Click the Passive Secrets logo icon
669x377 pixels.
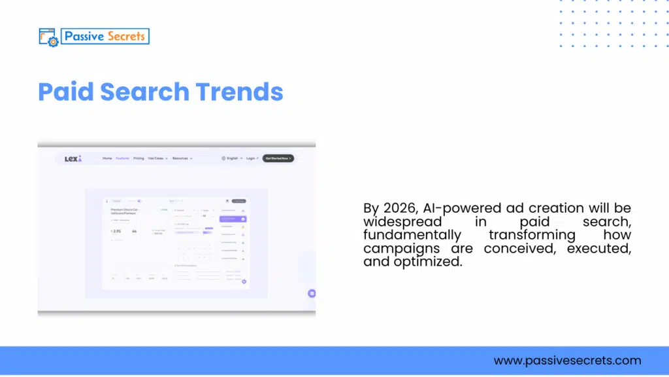point(49,37)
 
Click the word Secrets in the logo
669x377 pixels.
point(123,36)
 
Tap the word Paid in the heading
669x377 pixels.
point(65,92)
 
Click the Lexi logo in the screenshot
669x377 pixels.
point(73,158)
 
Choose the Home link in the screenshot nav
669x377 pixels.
point(107,158)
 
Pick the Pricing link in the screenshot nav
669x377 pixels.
point(139,158)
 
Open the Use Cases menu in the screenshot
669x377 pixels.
point(157,158)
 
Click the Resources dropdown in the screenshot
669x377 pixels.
point(182,158)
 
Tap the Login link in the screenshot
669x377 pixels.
point(252,158)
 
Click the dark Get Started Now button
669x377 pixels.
point(278,158)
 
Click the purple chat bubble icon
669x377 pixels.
point(312,293)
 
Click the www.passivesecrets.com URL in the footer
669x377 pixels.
point(567,361)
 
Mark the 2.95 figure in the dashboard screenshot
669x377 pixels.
point(116,231)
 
